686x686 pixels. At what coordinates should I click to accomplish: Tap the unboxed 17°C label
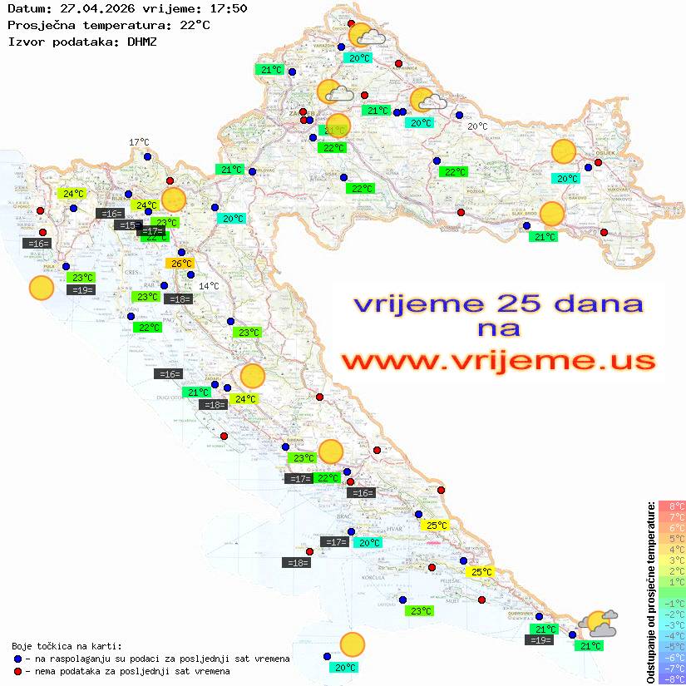click(139, 142)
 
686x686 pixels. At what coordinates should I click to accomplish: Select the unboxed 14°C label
click(209, 286)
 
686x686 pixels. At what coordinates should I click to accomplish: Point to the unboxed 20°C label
click(477, 126)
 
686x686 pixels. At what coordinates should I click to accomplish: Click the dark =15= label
click(128, 225)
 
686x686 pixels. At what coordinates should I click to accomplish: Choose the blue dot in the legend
click(17, 659)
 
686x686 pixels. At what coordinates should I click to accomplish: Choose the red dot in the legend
click(17, 671)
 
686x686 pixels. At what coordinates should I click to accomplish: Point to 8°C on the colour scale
click(672, 506)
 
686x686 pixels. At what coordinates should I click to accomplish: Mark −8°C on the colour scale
click(672, 679)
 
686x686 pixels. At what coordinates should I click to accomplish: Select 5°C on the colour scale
click(672, 538)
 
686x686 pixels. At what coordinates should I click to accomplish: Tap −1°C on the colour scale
click(672, 603)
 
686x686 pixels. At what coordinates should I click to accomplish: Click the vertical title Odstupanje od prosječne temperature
click(650, 592)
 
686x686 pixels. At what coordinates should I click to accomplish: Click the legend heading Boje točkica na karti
click(67, 646)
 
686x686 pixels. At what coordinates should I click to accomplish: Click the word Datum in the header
click(24, 8)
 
